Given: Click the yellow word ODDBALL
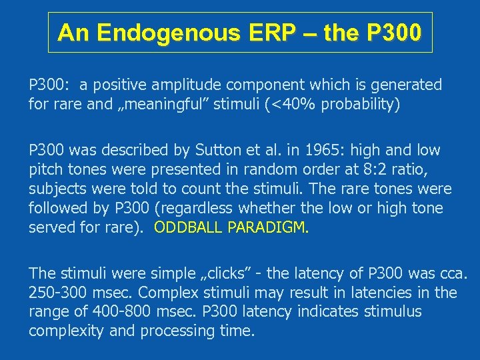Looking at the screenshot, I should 188,227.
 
